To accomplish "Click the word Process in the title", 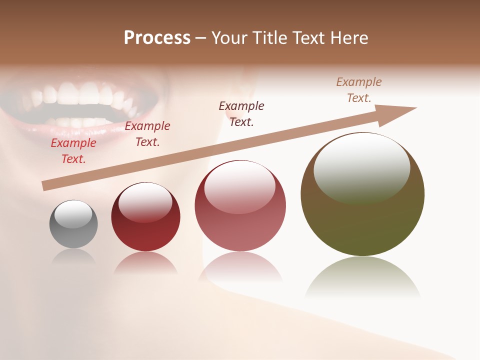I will [x=157, y=38].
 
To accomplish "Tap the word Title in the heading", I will [x=270, y=38].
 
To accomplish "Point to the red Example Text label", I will [x=73, y=151].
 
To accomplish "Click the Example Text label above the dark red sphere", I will [x=147, y=134].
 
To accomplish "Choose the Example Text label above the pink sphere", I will [x=241, y=113].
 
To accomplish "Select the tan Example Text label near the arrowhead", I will [x=359, y=90].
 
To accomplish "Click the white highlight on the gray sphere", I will [x=73, y=214].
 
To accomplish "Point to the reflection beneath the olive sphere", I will [x=362, y=277].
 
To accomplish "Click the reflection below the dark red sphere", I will [x=145, y=263].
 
